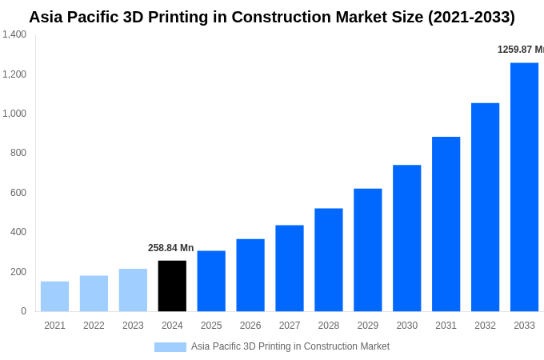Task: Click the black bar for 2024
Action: [172, 286]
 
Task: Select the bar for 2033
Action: [524, 187]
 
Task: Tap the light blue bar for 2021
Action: [54, 296]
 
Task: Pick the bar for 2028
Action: [329, 260]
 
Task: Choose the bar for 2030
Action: [407, 238]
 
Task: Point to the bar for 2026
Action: [250, 275]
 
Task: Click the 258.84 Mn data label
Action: [170, 248]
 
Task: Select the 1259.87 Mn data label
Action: [521, 50]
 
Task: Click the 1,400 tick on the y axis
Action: [14, 34]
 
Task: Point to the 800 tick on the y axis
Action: [18, 153]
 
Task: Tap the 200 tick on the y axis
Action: [18, 272]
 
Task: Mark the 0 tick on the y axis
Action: [23, 311]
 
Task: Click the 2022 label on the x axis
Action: [94, 326]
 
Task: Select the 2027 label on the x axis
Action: [290, 326]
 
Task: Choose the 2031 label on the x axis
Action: [446, 326]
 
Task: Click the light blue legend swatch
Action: [170, 347]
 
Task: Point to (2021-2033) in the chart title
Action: [463, 17]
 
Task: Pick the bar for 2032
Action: [485, 207]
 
